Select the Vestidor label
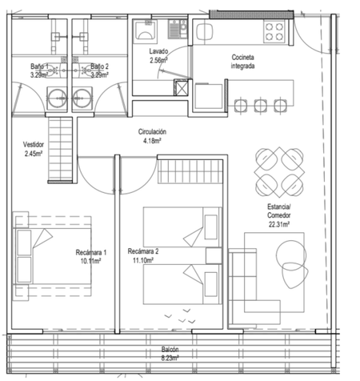coord(34,145)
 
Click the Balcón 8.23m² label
coord(170,354)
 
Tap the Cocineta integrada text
coord(242,62)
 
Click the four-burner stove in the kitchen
coord(274,31)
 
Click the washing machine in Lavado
coord(145,30)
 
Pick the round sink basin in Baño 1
coord(57,98)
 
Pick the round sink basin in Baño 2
coord(82,98)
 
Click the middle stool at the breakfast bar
coord(261,105)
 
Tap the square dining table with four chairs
coord(279,172)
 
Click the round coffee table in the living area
coord(291,255)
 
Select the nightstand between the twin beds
coord(214,256)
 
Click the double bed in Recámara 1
coord(52,256)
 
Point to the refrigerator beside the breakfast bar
coord(209,96)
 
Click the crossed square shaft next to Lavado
coord(181,87)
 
